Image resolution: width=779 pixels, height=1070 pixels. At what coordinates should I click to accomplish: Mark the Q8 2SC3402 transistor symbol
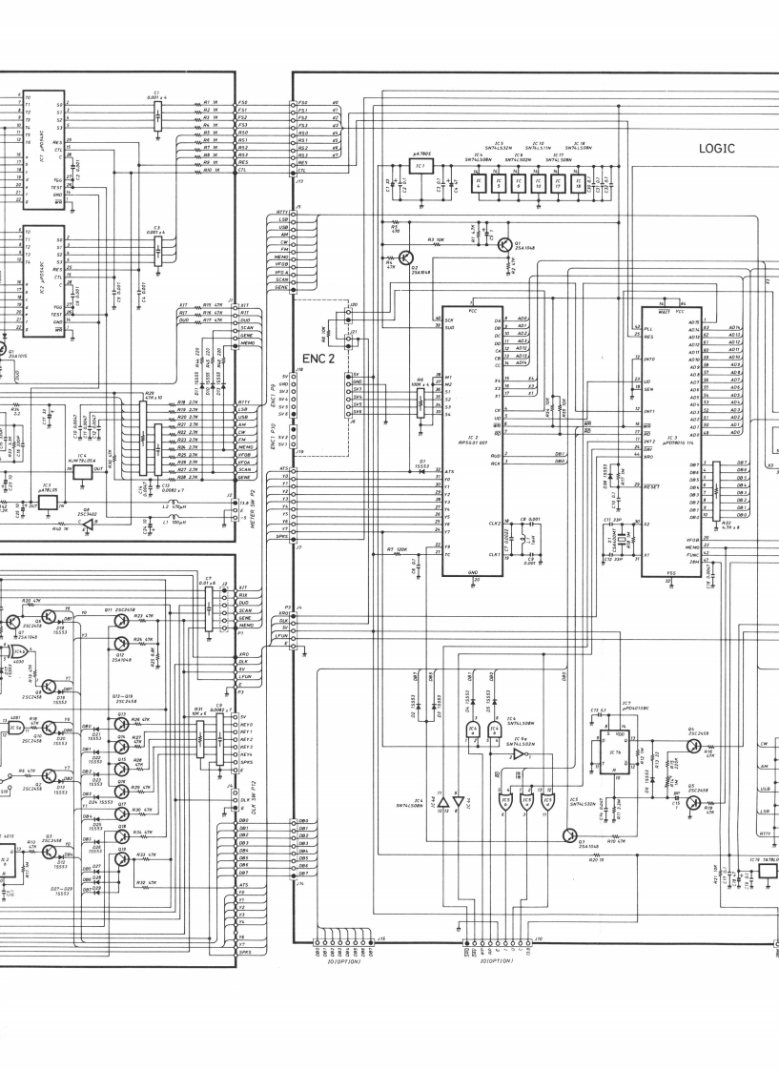coord(87,524)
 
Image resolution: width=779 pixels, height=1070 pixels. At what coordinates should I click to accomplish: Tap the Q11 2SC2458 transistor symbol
coord(121,620)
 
